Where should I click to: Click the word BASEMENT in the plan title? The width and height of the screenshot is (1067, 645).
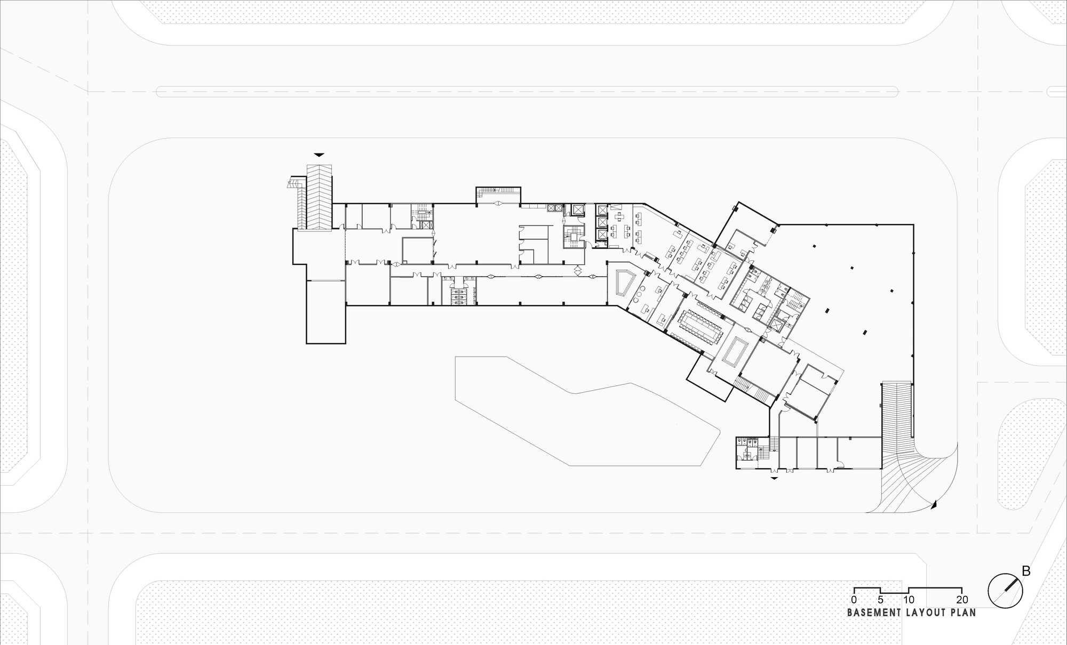click(874, 612)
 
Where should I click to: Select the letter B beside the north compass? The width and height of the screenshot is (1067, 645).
click(1025, 571)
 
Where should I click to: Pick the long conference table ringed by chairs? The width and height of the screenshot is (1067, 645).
click(699, 323)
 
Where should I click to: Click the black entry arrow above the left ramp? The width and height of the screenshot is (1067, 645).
click(319, 155)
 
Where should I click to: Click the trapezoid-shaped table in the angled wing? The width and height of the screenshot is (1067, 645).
click(623, 283)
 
